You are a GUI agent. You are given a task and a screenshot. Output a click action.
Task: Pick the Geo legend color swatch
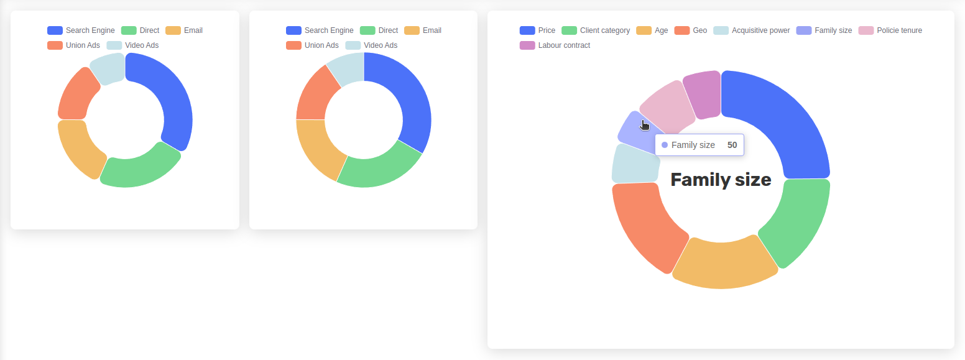click(x=682, y=30)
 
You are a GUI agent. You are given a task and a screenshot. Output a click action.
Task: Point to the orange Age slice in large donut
click(x=724, y=264)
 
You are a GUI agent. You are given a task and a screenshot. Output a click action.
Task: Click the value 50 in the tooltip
click(x=732, y=145)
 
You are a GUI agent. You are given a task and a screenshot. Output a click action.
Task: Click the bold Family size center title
click(x=721, y=180)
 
